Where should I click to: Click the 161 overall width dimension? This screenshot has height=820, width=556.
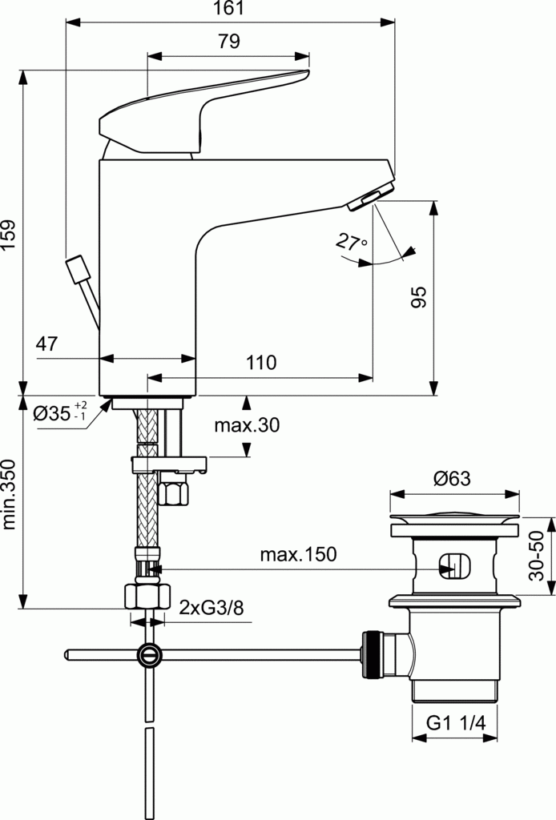pyautogui.click(x=229, y=10)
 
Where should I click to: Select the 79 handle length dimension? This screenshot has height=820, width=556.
pyautogui.click(x=229, y=42)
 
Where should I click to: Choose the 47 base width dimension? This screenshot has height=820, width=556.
pyautogui.click(x=47, y=344)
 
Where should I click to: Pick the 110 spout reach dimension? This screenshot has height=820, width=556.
pyautogui.click(x=261, y=363)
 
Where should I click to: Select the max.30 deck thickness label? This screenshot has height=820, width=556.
pyautogui.click(x=247, y=425)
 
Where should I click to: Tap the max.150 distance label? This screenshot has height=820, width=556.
pyautogui.click(x=298, y=554)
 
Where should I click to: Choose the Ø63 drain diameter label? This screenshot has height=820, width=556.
pyautogui.click(x=452, y=479)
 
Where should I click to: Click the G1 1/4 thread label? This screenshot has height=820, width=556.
pyautogui.click(x=455, y=722)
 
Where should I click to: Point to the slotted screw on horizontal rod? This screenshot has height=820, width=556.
pyautogui.click(x=148, y=654)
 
